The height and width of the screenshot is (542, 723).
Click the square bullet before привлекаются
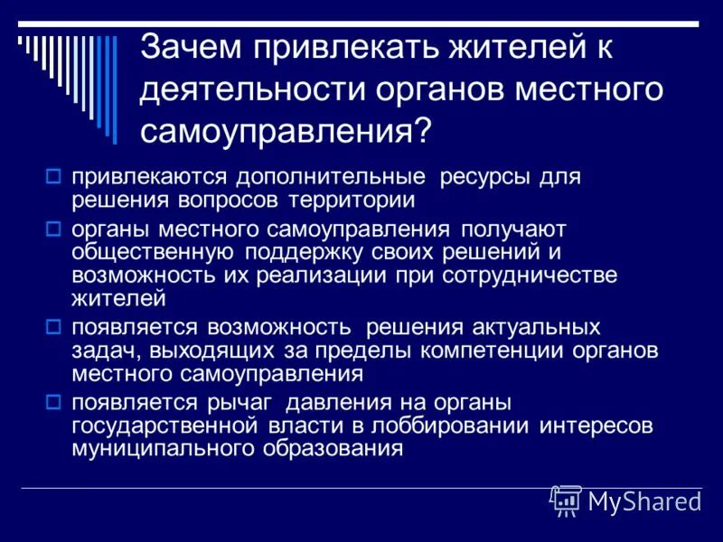[53, 174]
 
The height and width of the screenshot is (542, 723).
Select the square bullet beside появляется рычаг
[53, 401]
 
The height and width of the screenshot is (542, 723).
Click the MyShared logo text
[644, 501]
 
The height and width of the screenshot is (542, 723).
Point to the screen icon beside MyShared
[566, 500]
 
